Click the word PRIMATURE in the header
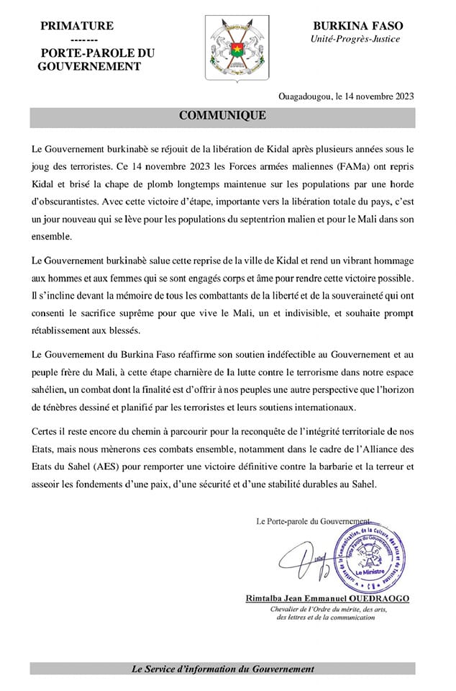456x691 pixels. coord(77,26)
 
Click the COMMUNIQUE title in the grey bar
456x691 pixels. coord(222,115)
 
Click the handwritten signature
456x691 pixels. coord(306,561)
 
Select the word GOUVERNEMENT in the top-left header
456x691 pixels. coord(88,66)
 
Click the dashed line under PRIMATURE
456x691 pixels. coord(76,40)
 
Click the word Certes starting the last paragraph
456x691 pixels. coord(47,432)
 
